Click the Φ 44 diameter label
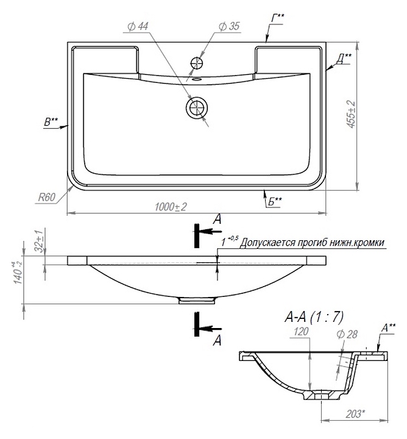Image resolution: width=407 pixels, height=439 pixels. (x=138, y=27)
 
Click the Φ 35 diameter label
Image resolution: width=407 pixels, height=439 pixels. (x=229, y=26)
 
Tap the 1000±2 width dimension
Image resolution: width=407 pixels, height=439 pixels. (x=171, y=207)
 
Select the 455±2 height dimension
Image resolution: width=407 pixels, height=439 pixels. (x=352, y=114)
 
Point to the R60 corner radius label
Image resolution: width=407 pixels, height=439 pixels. (x=47, y=198)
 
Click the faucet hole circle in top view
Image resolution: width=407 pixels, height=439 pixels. (x=197, y=63)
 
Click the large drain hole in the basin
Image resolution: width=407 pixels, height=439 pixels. (x=197, y=107)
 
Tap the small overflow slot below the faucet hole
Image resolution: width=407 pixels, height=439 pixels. (x=197, y=79)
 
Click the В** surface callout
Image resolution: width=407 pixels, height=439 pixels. (x=51, y=122)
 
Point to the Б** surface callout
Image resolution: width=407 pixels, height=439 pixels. (x=275, y=202)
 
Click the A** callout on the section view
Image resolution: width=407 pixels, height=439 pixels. (x=389, y=327)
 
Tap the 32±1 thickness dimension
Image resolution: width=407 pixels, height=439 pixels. (x=40, y=241)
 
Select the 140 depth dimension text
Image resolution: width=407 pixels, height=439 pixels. (x=18, y=273)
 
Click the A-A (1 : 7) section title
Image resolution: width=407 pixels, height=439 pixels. (x=314, y=317)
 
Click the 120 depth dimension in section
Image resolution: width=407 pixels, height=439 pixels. (x=301, y=332)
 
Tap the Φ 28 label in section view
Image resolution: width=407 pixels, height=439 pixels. (x=347, y=334)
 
